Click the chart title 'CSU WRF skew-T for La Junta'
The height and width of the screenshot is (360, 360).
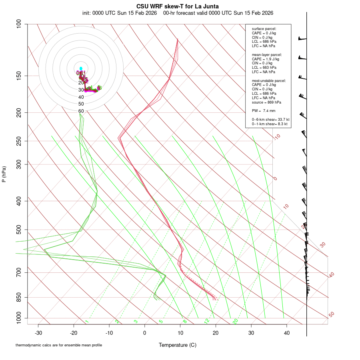point(178,6)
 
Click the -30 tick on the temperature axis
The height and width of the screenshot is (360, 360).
point(38,333)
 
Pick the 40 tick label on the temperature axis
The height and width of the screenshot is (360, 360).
point(286,333)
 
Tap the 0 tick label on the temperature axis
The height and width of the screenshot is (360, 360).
point(145,333)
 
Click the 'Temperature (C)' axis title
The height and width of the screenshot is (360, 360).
point(178,345)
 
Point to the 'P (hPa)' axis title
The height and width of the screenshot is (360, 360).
point(4,174)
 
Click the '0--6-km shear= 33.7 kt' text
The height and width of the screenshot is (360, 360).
point(270,120)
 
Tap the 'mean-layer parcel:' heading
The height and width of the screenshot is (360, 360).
point(267,54)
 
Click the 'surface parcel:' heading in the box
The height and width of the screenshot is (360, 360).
point(264,29)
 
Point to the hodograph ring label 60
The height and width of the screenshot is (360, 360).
point(81,111)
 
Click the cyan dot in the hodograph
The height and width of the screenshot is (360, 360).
point(81,68)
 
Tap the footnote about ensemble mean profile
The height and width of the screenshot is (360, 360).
point(59,345)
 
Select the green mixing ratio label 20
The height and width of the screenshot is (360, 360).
point(235,321)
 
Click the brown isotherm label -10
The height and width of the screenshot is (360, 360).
point(277,137)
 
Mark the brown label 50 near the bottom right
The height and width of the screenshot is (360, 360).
point(331,315)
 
